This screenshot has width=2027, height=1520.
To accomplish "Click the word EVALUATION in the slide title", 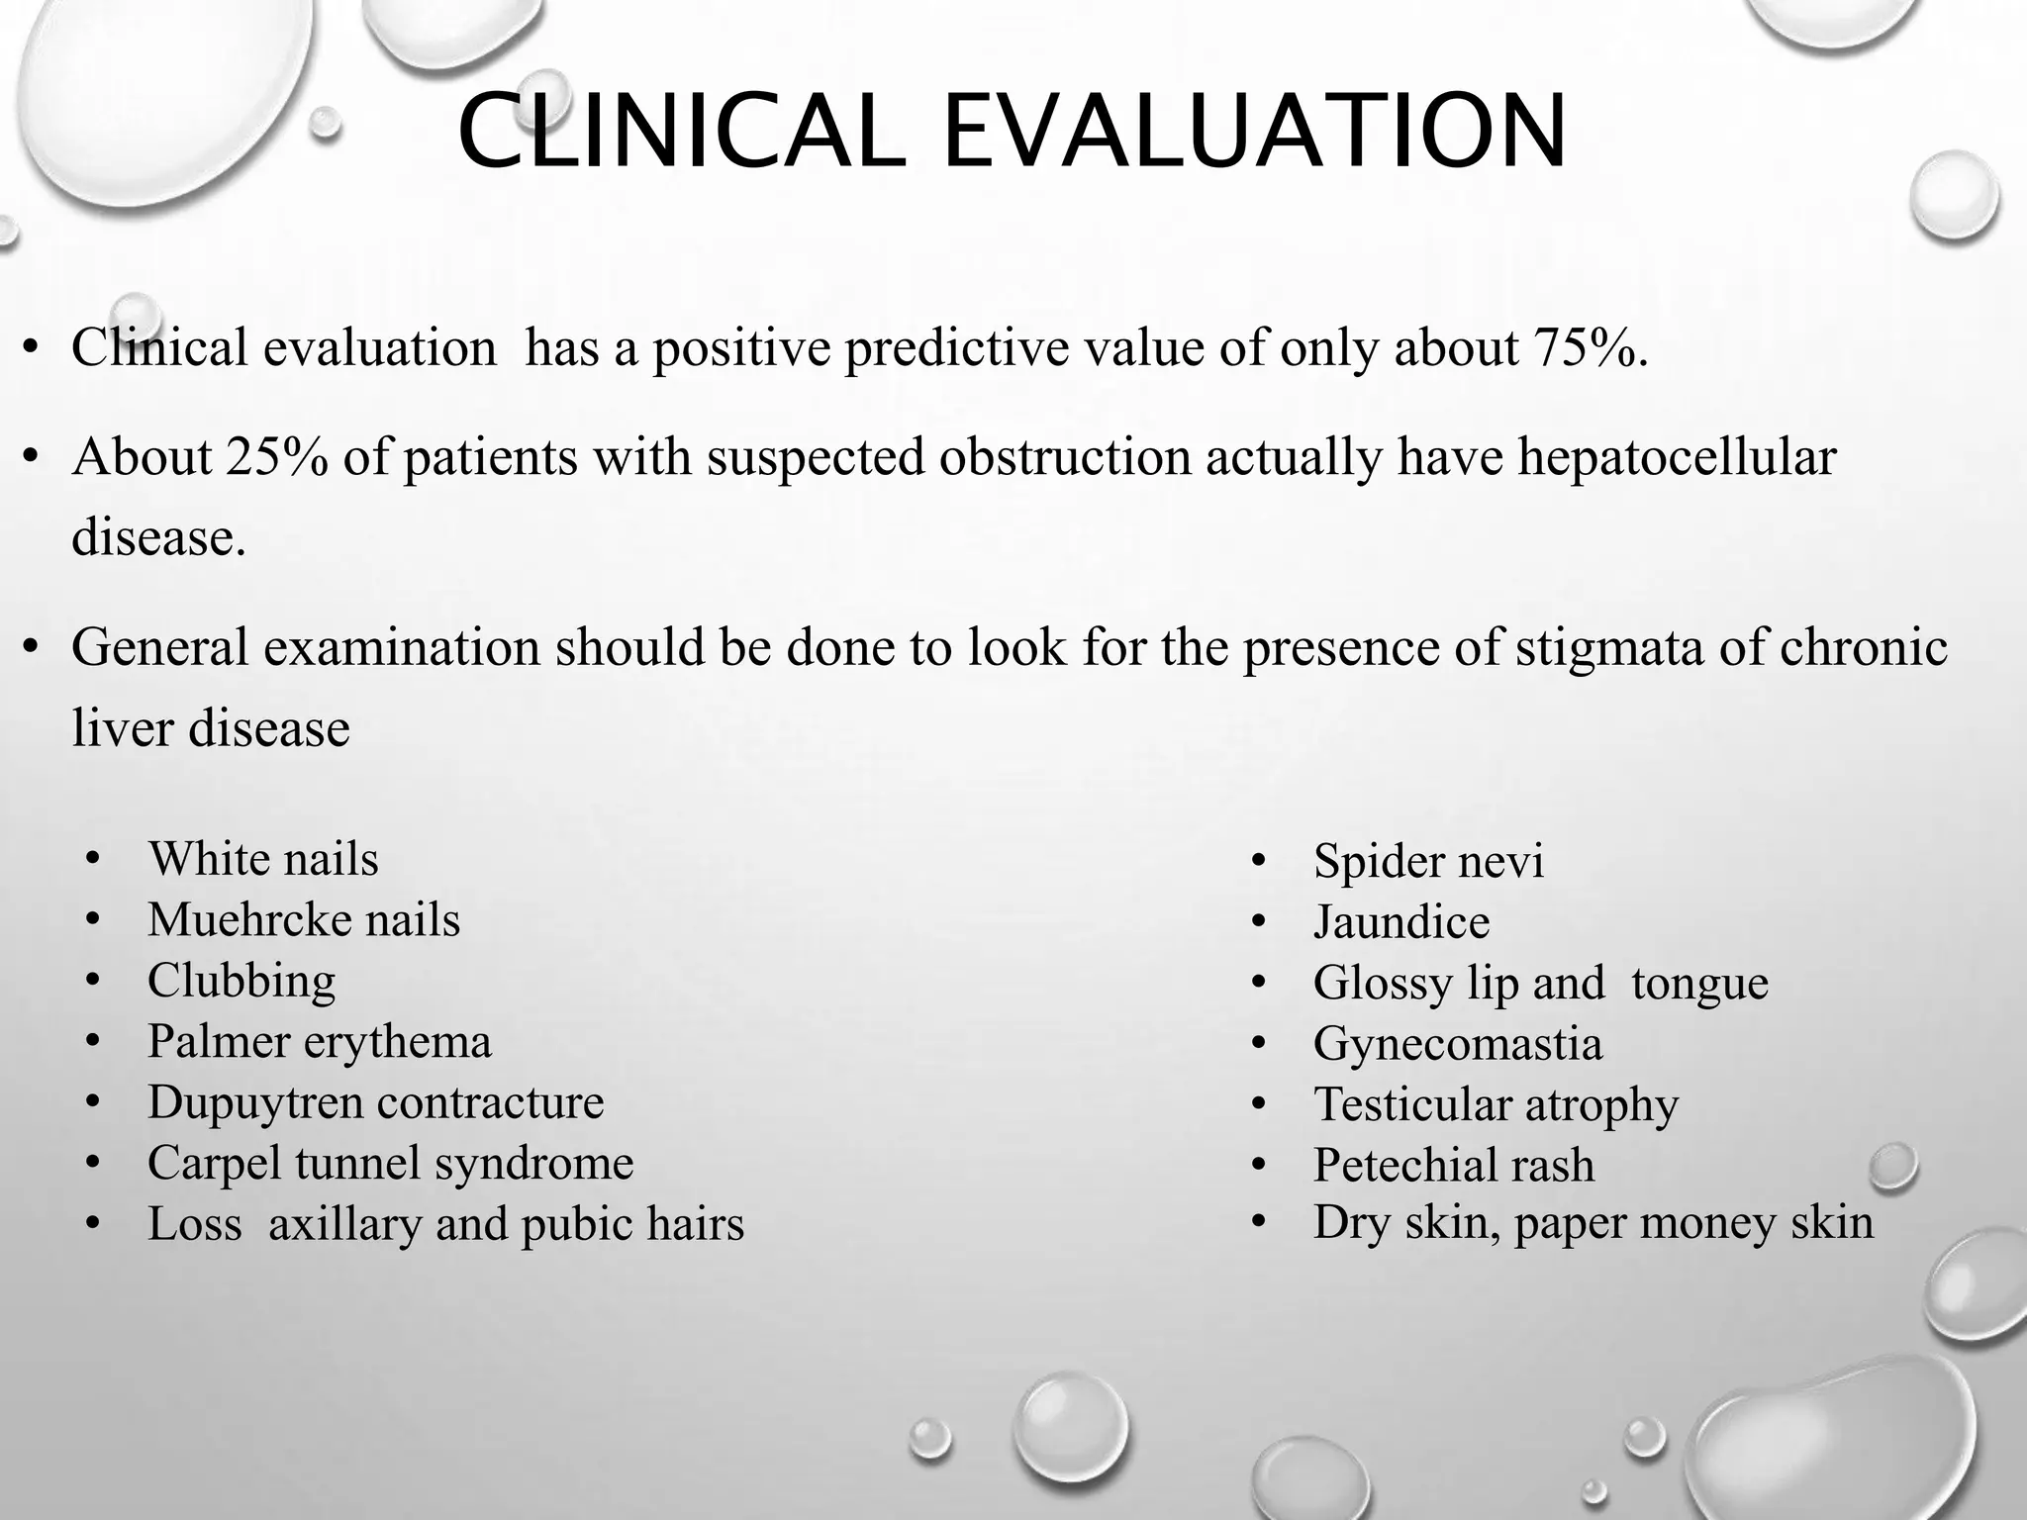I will (1255, 133).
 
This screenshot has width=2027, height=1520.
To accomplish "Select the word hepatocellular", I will (1677, 457).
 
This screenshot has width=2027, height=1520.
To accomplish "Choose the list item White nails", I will (263, 859).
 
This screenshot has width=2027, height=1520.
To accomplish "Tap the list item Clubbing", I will (241, 981).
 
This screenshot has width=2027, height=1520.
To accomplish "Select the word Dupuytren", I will (252, 1102).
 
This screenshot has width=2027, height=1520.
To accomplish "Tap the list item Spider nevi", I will (1428, 861).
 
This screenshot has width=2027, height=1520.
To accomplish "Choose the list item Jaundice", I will (1400, 922).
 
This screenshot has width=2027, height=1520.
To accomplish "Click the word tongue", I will (1699, 984).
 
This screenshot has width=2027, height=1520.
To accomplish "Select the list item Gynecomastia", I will (1457, 1044).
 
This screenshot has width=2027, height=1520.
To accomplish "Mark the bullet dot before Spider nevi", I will (1259, 861).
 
